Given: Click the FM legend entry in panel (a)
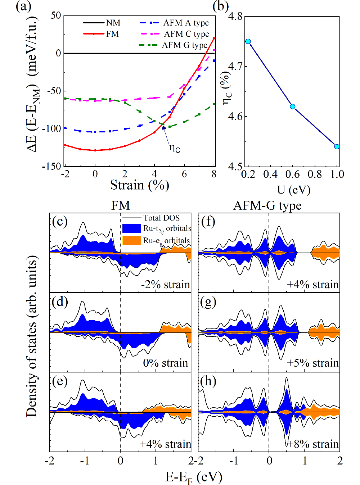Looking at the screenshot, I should [x=112, y=34].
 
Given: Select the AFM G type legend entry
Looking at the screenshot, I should [x=184, y=45].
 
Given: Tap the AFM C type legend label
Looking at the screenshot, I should [x=186, y=34].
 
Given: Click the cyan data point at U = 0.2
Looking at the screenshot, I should [x=248, y=41].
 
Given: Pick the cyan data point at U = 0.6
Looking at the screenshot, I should [x=292, y=106].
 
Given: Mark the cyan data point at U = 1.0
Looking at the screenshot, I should [x=337, y=146].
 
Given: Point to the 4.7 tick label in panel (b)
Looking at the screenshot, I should [x=235, y=67].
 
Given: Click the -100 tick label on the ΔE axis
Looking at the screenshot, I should [x=52, y=128].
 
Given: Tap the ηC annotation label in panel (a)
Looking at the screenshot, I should [x=175, y=148].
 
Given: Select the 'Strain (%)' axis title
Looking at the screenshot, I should [x=139, y=185].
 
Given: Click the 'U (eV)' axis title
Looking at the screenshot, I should [x=293, y=190].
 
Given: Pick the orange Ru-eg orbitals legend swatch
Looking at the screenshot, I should [x=131, y=240].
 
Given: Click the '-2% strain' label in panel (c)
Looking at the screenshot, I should [x=165, y=285].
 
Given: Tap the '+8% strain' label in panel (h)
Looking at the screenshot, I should [x=313, y=444].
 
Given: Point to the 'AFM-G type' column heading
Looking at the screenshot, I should [x=267, y=205].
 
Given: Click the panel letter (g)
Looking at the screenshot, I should [x=208, y=302].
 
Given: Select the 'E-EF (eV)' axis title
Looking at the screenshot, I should [x=194, y=477].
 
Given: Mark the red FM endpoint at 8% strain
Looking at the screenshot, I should [x=214, y=38].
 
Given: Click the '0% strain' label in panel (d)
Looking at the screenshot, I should [x=166, y=363].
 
